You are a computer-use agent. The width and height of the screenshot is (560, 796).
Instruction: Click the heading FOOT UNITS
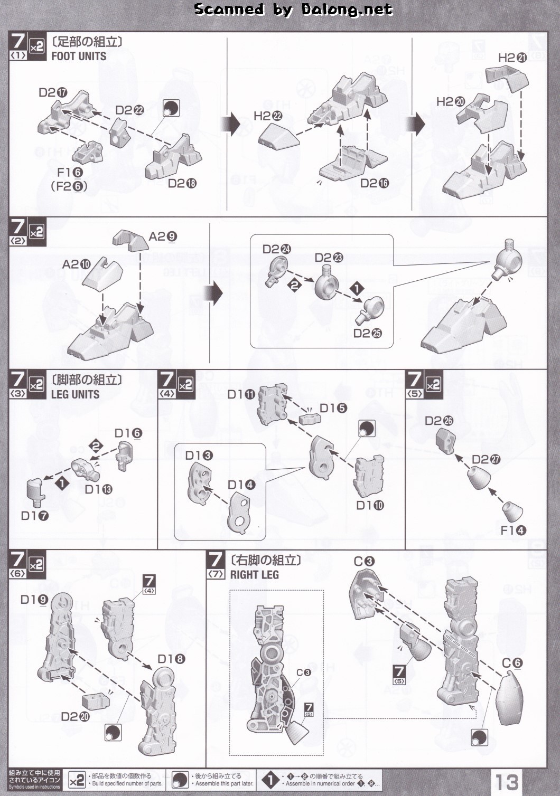click(x=79, y=56)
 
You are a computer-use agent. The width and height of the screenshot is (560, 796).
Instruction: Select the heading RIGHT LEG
click(x=254, y=575)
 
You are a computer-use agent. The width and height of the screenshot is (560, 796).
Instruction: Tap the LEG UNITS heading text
click(x=75, y=394)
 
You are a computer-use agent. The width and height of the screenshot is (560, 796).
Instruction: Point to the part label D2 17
click(x=53, y=92)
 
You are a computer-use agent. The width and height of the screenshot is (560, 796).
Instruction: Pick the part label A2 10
click(x=77, y=264)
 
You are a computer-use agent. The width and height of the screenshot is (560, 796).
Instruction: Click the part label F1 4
click(x=514, y=530)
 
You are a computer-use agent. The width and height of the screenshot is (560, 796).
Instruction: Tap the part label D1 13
click(x=99, y=489)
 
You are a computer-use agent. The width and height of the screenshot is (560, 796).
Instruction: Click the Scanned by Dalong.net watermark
click(x=293, y=9)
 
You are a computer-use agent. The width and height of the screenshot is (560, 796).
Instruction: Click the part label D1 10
click(x=370, y=505)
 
